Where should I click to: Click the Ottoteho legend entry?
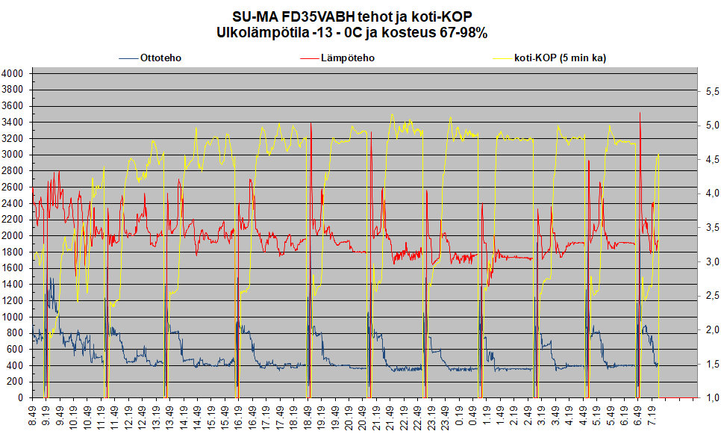[160, 58]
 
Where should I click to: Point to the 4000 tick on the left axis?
[13, 73]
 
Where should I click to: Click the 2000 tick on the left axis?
[13, 235]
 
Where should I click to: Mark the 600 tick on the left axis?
[16, 349]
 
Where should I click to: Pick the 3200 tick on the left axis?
[13, 138]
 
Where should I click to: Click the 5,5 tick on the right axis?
[708, 90]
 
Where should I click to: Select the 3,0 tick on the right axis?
[708, 261]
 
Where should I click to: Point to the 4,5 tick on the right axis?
[708, 159]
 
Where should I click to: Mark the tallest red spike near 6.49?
[640, 114]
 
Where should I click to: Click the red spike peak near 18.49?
[310, 124]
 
